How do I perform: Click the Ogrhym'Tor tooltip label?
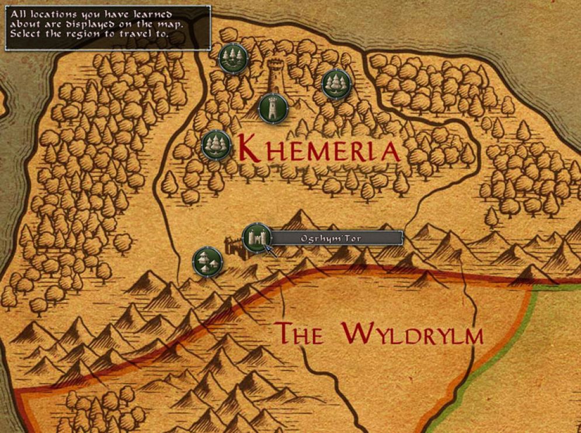click(336, 238)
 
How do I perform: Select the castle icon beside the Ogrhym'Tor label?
click(256, 238)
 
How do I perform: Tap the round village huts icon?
click(207, 261)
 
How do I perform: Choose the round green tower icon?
click(272, 108)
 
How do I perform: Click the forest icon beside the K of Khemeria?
click(216, 145)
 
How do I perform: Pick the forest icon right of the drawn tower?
click(336, 83)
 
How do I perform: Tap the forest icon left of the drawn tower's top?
click(233, 58)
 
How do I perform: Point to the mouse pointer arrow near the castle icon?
click(269, 250)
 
